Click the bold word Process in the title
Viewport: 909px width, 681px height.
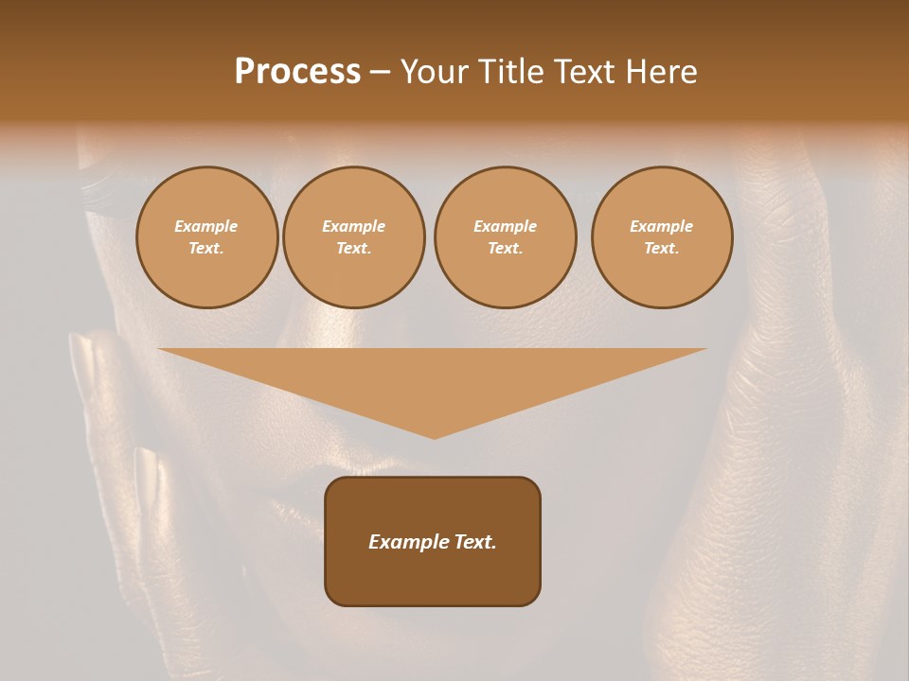[x=297, y=72]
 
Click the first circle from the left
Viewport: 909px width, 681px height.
[x=207, y=237]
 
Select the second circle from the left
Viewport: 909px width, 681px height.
[x=354, y=237]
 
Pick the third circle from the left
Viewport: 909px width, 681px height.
[x=506, y=237]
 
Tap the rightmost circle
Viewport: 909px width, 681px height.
[x=662, y=237]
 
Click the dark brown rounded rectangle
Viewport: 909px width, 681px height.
[x=433, y=541]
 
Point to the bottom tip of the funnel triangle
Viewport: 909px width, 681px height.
[x=435, y=438]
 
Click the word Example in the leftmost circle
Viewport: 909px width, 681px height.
[x=206, y=226]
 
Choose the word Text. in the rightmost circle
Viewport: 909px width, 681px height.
[x=662, y=249]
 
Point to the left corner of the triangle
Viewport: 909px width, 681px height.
[x=159, y=349]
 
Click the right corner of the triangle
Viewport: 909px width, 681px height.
[x=705, y=349]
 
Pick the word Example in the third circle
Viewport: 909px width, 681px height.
[x=506, y=226]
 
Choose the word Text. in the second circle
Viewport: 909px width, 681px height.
[x=354, y=249]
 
